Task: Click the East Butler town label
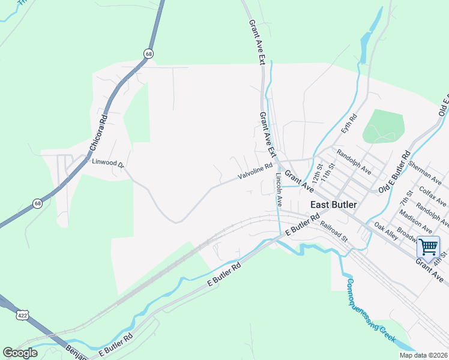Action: point(333,205)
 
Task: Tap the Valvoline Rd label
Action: point(255,171)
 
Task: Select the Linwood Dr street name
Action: point(107,163)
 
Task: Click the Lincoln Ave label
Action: point(279,190)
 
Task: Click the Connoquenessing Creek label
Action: point(370,306)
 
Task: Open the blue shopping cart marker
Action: point(428,246)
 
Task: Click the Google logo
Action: point(20,353)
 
